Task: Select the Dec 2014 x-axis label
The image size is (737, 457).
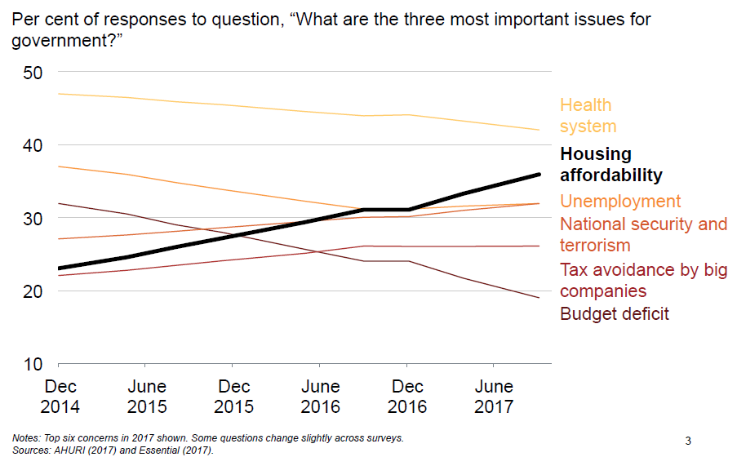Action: [61, 396]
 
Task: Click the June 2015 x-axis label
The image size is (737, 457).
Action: [147, 396]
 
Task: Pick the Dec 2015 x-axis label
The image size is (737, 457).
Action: [234, 396]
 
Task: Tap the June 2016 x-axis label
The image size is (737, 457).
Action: [321, 396]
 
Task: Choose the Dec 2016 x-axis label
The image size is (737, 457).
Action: [407, 396]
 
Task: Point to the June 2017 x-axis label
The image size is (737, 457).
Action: [494, 396]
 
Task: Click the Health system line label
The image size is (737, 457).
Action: [588, 116]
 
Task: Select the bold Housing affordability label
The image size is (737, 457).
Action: [610, 164]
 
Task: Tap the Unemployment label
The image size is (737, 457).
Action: [620, 202]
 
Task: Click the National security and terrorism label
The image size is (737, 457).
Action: [642, 234]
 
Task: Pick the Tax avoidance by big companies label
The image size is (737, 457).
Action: [642, 280]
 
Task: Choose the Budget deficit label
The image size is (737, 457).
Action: [614, 313]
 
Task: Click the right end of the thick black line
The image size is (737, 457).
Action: [539, 174]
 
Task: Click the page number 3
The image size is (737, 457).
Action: [688, 441]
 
